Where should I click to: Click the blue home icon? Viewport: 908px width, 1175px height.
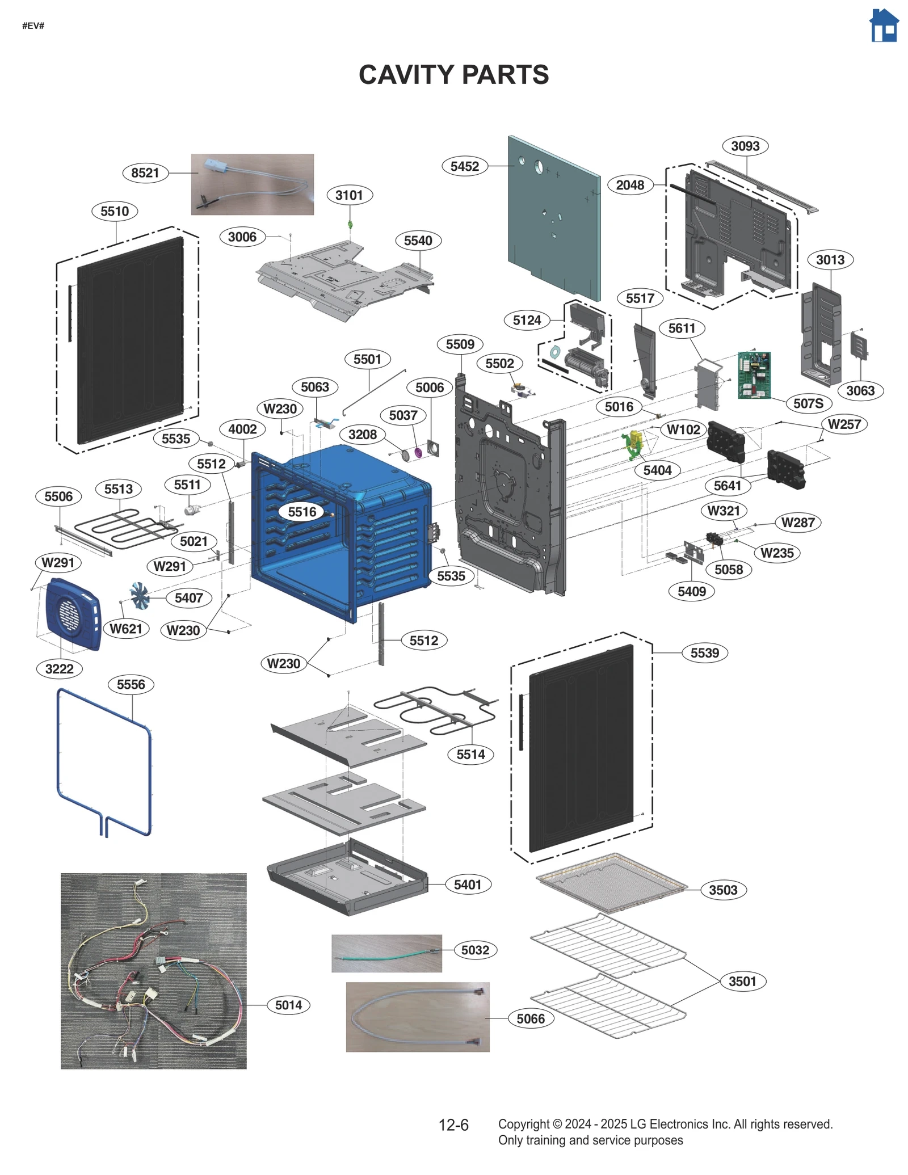(884, 26)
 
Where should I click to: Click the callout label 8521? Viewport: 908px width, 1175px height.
(145, 172)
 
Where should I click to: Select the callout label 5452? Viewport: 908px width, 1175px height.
(464, 166)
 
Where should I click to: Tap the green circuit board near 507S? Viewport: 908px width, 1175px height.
(754, 375)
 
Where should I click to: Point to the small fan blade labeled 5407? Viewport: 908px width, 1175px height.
(139, 595)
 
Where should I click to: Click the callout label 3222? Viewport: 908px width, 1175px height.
(59, 669)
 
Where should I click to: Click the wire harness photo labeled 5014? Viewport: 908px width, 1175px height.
(153, 971)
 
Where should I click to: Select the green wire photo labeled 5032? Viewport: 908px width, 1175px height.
(386, 954)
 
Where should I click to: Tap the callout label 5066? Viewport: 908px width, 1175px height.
(530, 1019)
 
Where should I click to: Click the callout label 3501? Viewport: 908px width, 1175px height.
(742, 982)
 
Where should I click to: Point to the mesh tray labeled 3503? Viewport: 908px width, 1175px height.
(611, 883)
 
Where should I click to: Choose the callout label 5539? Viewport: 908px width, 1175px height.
(704, 653)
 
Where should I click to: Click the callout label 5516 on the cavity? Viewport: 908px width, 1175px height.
(302, 512)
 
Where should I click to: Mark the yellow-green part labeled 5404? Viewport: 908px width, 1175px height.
(633, 444)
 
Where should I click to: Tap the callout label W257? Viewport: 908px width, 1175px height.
(844, 424)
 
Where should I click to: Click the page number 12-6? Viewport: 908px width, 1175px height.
(453, 1125)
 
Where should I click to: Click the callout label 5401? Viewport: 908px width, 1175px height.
(467, 885)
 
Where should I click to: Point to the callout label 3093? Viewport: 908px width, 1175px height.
(745, 146)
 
